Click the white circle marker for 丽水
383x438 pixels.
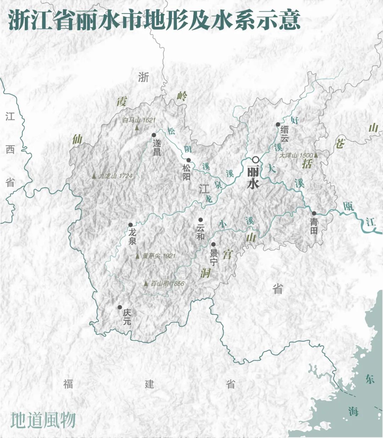[x=256, y=160]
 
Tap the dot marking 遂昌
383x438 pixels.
[x=154, y=135]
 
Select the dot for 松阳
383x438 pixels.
[x=189, y=160]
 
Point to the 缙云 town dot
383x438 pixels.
[x=278, y=124]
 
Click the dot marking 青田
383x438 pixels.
[x=314, y=214]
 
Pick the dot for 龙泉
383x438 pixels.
[x=131, y=225]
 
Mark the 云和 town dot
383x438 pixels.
[x=200, y=220]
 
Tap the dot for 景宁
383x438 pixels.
[x=213, y=244]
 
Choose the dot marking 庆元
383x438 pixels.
[x=120, y=307]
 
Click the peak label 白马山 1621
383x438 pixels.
[x=139, y=120]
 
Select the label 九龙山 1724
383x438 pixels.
[x=116, y=176]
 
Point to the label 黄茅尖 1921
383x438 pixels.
[x=159, y=256]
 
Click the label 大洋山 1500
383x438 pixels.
[x=296, y=155]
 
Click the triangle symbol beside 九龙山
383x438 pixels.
[x=94, y=176]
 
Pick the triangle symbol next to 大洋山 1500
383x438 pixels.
[x=316, y=155]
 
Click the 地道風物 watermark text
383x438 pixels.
[x=43, y=420]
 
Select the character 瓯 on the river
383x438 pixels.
[x=348, y=206]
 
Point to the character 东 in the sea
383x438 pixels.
[x=370, y=379]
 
